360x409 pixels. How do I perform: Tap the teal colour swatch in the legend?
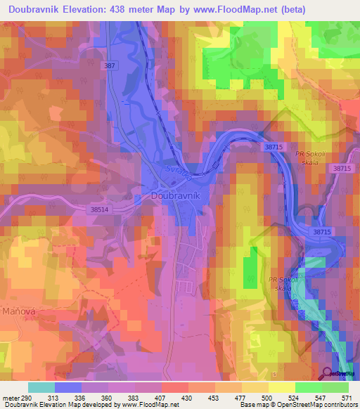pos(41,387)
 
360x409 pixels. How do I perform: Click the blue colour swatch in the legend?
pos(68,387)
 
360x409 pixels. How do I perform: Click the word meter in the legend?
pos(11,398)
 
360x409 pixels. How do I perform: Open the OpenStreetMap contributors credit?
pos(316,405)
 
